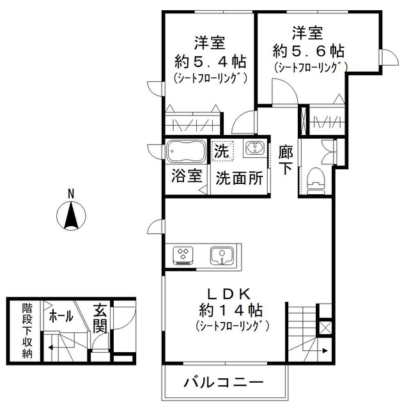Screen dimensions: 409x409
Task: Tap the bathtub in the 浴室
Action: pyautogui.click(x=185, y=153)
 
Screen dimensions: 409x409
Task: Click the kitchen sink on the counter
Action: pyautogui.click(x=223, y=255)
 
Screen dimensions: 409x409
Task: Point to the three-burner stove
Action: pyautogui.click(x=183, y=255)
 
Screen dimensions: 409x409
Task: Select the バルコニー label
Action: pyautogui.click(x=224, y=383)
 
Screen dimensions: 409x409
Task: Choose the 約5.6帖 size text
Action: pyautogui.click(x=309, y=50)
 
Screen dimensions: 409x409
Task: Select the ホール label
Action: pyautogui.click(x=61, y=316)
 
